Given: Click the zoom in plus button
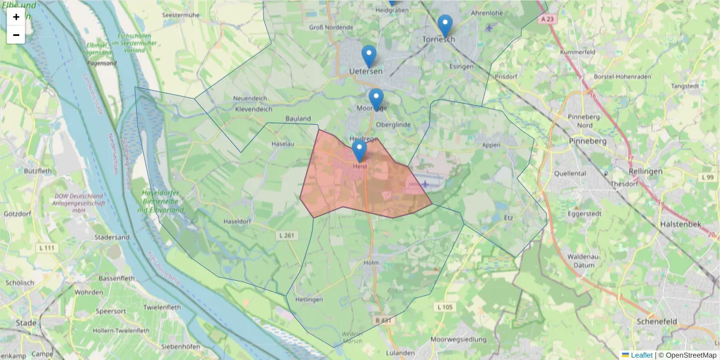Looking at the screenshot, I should coord(16,17).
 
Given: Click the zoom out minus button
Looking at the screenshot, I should coord(16,35).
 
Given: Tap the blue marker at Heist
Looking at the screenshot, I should coord(359,150).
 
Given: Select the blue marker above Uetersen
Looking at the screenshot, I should coord(369,56).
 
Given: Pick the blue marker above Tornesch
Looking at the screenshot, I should coord(445,25).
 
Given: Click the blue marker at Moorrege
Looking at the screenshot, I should coord(376,99).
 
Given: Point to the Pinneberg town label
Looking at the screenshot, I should coord(589,141).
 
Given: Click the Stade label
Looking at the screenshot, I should coord(26,323).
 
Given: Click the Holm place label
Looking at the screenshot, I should coord(371,263).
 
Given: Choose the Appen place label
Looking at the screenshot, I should coord(491,145).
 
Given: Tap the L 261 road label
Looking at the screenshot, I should coord(286,235).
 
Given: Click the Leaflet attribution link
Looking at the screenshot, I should coord(641,355).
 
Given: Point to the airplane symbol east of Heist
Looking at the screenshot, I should coord(425,184).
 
